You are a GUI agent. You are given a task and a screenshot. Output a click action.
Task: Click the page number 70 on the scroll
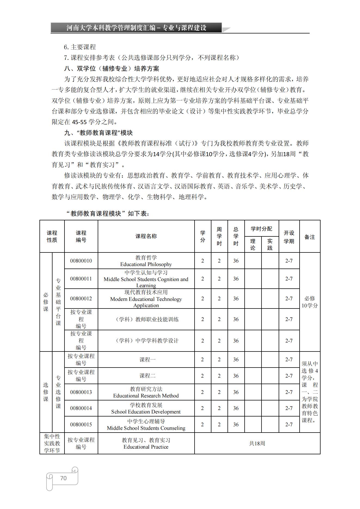(x=63, y=478)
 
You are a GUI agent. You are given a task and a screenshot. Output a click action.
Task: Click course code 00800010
(x=81, y=261)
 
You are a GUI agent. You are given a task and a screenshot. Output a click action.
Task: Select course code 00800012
(x=81, y=298)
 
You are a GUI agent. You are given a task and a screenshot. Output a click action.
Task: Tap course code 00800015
(x=81, y=424)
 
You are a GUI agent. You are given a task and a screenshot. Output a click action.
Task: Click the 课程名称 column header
(x=146, y=236)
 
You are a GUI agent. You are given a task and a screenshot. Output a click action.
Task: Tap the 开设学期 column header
(x=289, y=237)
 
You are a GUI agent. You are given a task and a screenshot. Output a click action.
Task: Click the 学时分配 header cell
(x=261, y=229)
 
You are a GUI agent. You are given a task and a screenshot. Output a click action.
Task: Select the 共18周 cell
(x=257, y=443)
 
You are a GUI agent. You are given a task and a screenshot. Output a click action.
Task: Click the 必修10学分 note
(x=309, y=302)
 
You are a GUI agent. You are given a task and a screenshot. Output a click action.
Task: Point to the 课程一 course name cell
(x=147, y=359)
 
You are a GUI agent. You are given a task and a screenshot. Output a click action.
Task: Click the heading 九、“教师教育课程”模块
(x=98, y=133)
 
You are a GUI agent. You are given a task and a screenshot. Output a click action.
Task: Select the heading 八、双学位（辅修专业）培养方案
(x=112, y=69)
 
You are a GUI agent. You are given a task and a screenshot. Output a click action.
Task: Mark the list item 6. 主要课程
(x=80, y=47)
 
